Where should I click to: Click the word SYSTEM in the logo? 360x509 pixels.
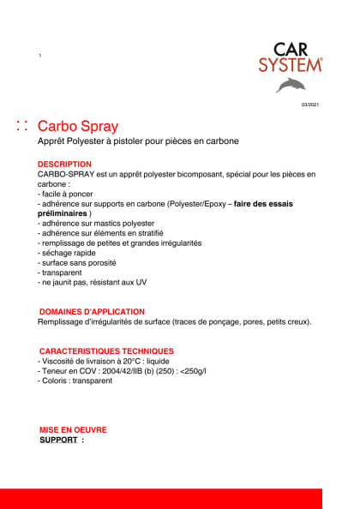291,65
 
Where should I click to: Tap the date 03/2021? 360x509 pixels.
309,105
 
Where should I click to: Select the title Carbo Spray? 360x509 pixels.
78,126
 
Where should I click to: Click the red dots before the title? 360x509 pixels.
22,126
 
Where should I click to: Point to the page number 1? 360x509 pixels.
40,56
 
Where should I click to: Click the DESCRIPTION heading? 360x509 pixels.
64,164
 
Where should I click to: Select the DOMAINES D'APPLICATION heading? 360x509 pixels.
92,312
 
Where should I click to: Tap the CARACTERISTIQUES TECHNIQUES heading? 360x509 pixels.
106,351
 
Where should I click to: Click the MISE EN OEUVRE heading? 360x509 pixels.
73,430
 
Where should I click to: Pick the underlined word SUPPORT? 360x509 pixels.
59,440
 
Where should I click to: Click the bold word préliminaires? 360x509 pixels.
69,213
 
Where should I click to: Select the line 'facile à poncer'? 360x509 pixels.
66,194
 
